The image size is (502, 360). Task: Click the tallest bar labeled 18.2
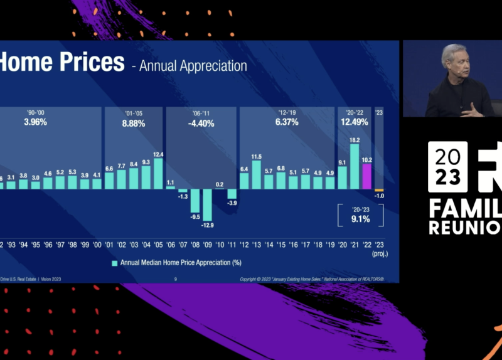tap(355, 167)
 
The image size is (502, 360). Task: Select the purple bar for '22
tap(367, 176)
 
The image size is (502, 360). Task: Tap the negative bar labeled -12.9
tap(207, 205)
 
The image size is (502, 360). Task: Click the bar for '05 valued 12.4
tap(158, 173)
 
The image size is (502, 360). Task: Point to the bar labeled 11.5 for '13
tap(256, 175)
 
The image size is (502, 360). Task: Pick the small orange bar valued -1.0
tap(379, 190)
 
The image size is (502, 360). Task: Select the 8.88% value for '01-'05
tap(133, 124)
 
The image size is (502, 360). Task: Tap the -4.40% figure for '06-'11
tap(201, 124)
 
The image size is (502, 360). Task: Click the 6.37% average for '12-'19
tap(287, 122)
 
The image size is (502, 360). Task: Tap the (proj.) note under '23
tap(379, 254)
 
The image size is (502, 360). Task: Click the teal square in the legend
tap(115, 263)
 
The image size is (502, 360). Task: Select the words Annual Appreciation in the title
tap(193, 66)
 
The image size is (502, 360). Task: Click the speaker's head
tap(453, 58)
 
